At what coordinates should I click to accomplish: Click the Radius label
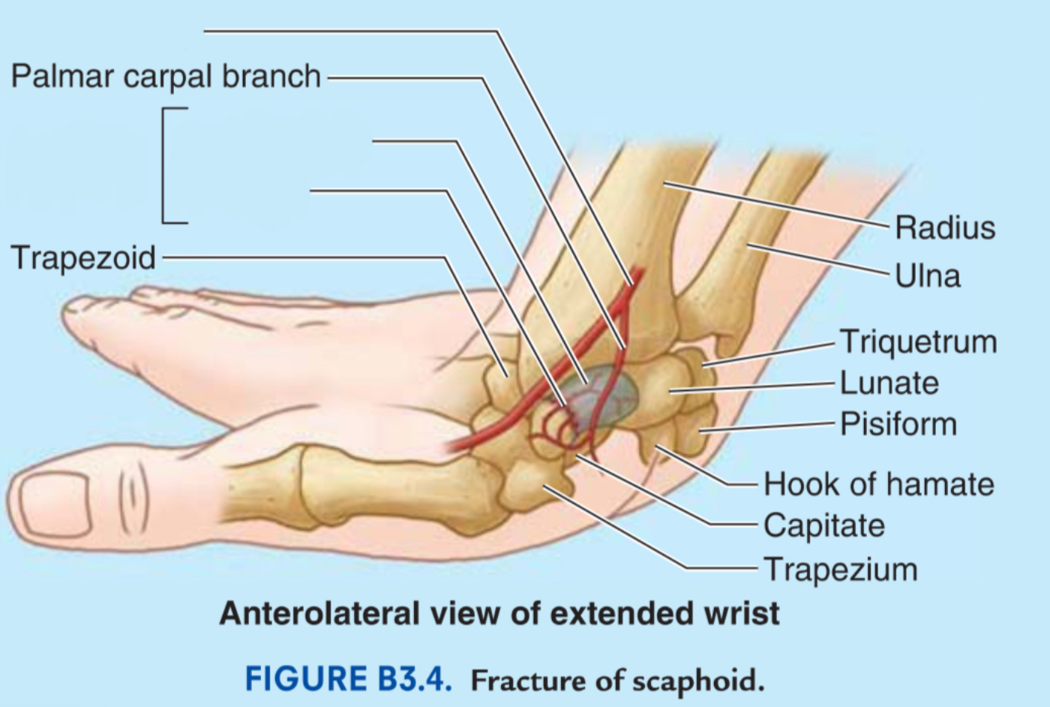click(945, 228)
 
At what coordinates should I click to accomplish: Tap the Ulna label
click(928, 275)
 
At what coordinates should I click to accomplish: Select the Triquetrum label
click(918, 341)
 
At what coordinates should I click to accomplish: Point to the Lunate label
click(889, 383)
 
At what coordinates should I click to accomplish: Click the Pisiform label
click(898, 424)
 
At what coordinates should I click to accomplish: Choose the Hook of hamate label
click(879, 483)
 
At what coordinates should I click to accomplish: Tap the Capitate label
click(824, 525)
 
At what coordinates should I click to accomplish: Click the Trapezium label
click(841, 570)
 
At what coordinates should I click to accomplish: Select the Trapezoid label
click(83, 257)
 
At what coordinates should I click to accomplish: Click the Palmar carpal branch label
click(166, 77)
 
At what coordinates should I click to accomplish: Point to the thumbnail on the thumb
click(55, 504)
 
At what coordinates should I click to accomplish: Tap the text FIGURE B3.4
click(348, 679)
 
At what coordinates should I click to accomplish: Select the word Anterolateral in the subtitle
click(319, 613)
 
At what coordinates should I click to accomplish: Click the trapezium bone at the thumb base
click(535, 488)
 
